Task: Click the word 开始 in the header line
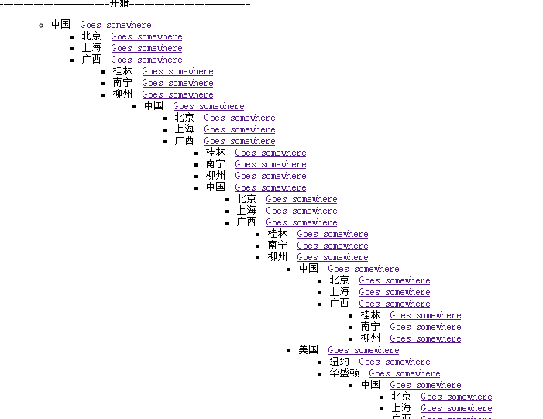[119, 3]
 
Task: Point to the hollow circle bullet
[41, 26]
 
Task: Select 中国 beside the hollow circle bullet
[60, 25]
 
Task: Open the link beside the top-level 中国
[115, 25]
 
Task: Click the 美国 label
[308, 350]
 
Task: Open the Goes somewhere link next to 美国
[363, 350]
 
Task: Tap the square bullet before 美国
[289, 351]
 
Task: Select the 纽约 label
[339, 362]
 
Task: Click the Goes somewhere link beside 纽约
[394, 362]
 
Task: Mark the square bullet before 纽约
[320, 362]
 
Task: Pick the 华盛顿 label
[344, 373]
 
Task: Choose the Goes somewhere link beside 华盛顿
[404, 373]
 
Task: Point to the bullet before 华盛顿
[320, 374]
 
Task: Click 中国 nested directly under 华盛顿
[370, 385]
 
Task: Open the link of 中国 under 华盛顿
[425, 385]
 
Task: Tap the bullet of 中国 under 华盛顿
[351, 386]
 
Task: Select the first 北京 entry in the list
[91, 36]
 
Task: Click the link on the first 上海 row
[146, 48]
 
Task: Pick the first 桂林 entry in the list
[122, 71]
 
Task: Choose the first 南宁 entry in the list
[122, 83]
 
